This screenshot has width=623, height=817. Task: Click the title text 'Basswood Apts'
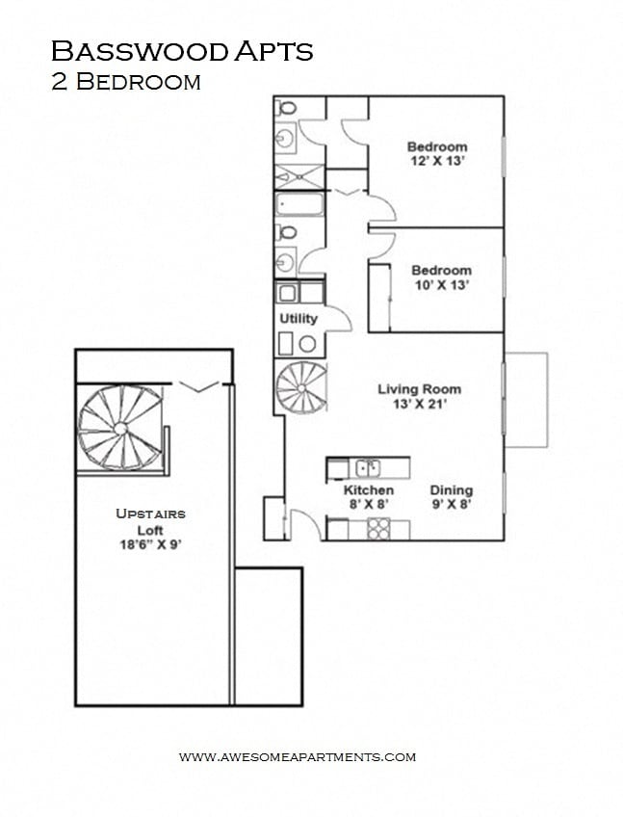[x=182, y=51]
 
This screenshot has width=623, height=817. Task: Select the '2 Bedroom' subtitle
[x=126, y=82]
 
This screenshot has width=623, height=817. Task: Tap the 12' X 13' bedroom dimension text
[x=436, y=161]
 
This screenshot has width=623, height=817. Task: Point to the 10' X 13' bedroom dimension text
[x=441, y=284]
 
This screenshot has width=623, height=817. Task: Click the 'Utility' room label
[x=298, y=319]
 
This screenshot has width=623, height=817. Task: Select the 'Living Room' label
[x=419, y=389]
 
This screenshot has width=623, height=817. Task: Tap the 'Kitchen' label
[x=369, y=490]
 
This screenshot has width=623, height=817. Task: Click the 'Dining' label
[x=451, y=490]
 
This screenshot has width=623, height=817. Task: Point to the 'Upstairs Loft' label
[x=150, y=522]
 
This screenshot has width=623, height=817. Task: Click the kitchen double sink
[x=368, y=468]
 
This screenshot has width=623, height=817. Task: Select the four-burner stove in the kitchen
[x=376, y=529]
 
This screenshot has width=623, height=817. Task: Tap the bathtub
[x=299, y=205]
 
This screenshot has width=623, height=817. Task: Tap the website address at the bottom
[x=298, y=756]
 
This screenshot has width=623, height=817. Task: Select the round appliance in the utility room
[x=307, y=343]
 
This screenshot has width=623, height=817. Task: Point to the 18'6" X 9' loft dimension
[x=150, y=544]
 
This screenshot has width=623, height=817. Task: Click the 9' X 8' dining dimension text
[x=451, y=505]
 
